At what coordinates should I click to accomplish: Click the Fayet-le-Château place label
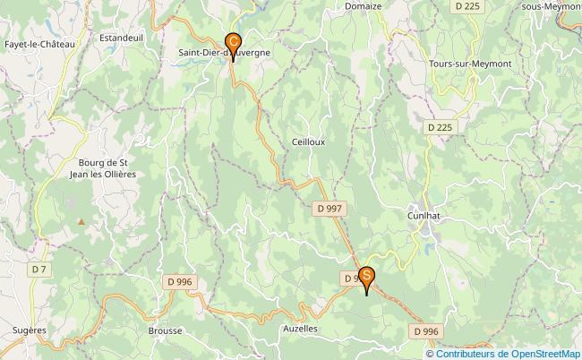[39, 43]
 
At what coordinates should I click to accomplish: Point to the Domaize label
[363, 5]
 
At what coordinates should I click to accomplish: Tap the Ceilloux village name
[308, 141]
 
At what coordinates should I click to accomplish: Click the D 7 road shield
[39, 269]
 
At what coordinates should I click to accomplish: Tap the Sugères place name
[29, 330]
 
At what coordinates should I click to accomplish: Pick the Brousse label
[165, 330]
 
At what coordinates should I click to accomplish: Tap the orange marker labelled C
[234, 42]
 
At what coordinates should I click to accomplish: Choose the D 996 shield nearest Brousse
[179, 282]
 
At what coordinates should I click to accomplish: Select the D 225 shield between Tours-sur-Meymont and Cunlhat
[440, 127]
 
